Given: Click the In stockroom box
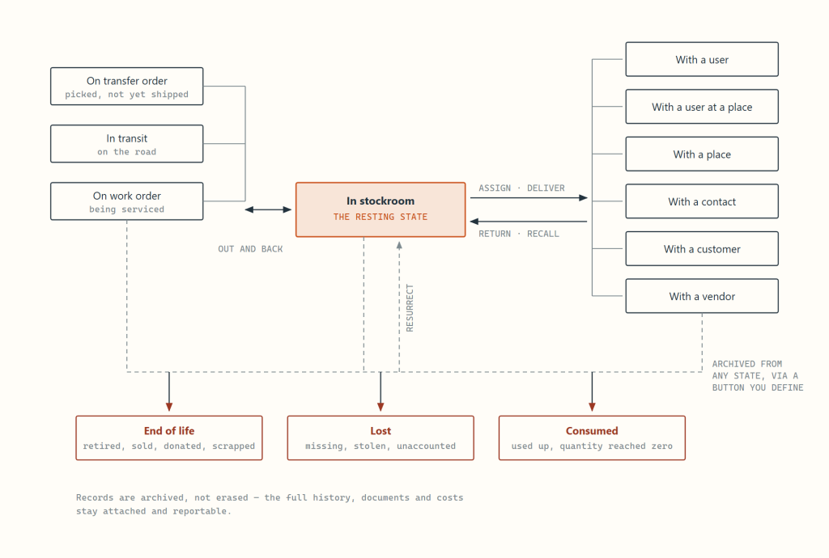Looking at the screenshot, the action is click(380, 209).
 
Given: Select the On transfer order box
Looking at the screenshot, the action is click(127, 86).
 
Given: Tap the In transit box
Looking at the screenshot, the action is click(127, 144).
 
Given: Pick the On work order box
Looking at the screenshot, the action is click(127, 201).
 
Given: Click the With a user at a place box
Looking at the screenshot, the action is click(702, 107).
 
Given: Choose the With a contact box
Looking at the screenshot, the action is click(702, 201).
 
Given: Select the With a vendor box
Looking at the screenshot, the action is click(702, 296).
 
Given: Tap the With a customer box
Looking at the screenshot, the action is click(702, 248).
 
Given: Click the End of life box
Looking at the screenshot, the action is click(169, 438).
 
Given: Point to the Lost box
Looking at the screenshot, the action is click(380, 438).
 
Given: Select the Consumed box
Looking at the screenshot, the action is click(592, 438).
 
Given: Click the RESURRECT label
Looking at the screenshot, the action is click(410, 308).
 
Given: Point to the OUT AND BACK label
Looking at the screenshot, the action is click(251, 249).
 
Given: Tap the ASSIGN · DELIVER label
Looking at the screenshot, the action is click(522, 188).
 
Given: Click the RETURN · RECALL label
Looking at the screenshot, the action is click(519, 234).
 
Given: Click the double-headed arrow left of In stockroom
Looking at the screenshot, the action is click(268, 209).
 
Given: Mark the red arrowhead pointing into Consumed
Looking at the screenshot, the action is click(592, 407).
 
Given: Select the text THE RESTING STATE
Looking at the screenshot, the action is click(380, 217).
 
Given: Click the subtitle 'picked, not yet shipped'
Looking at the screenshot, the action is click(127, 95).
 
